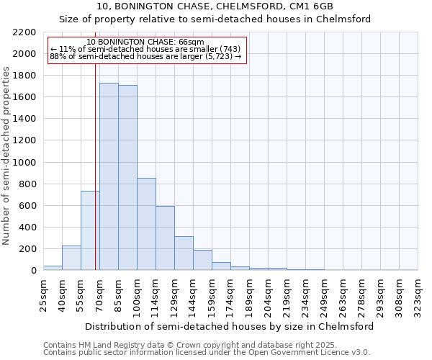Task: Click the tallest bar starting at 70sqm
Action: click(x=109, y=176)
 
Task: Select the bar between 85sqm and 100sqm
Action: click(x=127, y=178)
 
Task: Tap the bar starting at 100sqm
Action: click(x=146, y=224)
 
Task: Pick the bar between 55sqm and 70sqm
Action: click(x=90, y=230)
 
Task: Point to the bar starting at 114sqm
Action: click(x=165, y=238)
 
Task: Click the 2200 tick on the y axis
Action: click(x=24, y=32)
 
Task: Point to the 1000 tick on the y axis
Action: click(x=24, y=163)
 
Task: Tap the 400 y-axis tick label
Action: click(x=27, y=228)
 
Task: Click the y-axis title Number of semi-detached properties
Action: click(x=6, y=156)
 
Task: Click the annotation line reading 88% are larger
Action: click(x=146, y=56)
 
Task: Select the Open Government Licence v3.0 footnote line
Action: click(x=207, y=352)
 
